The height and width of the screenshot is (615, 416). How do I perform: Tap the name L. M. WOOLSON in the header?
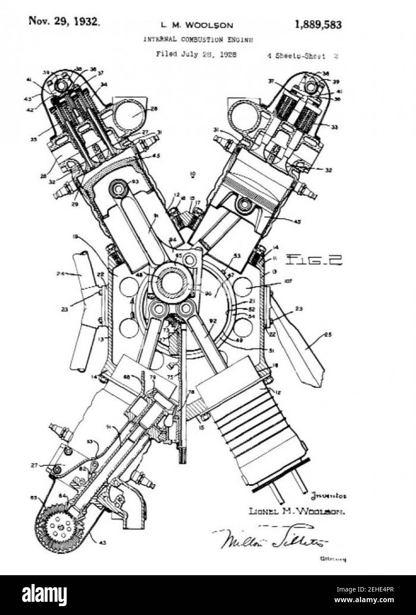tap(197, 25)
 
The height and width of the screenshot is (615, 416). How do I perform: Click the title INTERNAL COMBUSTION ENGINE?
tap(198, 39)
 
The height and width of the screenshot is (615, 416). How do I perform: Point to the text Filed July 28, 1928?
tap(196, 54)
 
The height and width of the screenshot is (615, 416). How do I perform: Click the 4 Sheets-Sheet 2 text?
tap(303, 56)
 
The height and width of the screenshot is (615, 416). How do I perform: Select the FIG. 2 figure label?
tap(314, 259)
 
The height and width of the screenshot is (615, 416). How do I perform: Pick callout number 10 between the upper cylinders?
tap(192, 174)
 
